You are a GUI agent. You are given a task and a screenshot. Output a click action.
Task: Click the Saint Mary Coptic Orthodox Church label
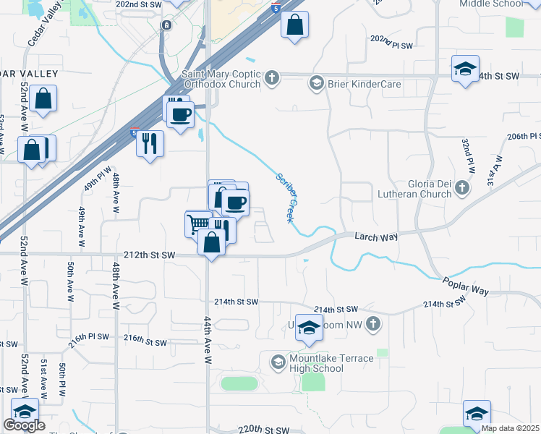pyautogui.click(x=221, y=78)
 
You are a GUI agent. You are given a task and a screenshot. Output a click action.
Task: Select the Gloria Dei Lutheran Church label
pyautogui.click(x=414, y=188)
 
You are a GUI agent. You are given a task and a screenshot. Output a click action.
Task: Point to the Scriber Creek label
pyautogui.click(x=286, y=197)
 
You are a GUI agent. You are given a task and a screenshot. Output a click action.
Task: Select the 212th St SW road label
pyautogui.click(x=150, y=255)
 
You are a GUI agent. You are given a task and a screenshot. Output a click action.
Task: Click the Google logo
pyautogui.click(x=24, y=426)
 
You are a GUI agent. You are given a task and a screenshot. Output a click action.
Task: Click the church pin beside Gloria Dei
pyautogui.click(x=462, y=189)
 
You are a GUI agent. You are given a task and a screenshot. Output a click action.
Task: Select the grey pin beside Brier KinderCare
pyautogui.click(x=316, y=84)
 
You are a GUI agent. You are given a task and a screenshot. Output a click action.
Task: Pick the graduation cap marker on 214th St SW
pyautogui.click(x=309, y=327)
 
